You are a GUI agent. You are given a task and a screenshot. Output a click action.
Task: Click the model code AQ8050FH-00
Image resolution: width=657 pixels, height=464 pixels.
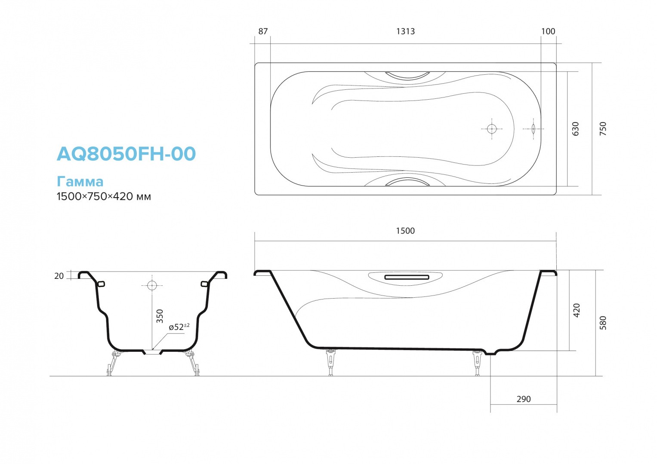tap(126, 154)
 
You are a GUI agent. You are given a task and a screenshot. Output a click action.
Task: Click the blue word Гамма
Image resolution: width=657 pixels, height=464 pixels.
tap(80, 181)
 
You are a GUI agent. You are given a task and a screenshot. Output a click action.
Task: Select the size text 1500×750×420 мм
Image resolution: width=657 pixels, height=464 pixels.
tap(104, 196)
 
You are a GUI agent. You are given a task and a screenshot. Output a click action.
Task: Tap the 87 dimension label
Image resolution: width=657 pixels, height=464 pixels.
tap(263, 31)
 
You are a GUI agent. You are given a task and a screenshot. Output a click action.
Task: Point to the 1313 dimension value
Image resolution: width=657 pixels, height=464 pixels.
tap(405, 31)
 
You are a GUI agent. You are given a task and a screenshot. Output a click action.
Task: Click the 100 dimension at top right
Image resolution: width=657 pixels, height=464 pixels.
tap(548, 31)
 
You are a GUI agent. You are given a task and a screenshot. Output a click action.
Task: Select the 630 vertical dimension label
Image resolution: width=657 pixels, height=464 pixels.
tap(576, 129)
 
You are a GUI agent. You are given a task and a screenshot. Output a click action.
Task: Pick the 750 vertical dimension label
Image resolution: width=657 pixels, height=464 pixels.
tap(603, 129)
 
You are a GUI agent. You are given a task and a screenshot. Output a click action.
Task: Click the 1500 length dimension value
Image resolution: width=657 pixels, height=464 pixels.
tap(405, 231)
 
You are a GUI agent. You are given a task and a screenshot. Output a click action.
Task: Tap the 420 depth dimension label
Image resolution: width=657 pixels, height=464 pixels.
tap(577, 310)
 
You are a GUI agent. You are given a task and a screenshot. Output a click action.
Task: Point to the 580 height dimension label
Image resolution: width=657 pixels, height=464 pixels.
tap(603, 323)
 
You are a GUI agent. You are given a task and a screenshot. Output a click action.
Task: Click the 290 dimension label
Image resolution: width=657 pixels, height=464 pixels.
tap(524, 399)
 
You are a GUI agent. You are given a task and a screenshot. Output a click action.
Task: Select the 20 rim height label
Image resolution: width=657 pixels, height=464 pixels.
tap(59, 276)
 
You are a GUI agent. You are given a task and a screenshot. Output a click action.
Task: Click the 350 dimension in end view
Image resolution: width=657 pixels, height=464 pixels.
tap(160, 316)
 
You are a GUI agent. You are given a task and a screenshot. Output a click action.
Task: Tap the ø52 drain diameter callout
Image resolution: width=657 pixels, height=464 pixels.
tap(179, 327)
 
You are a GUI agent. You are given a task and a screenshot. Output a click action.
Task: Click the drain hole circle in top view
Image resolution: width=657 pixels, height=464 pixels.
tap(492, 128)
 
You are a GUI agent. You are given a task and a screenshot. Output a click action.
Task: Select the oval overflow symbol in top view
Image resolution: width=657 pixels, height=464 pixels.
tap(534, 128)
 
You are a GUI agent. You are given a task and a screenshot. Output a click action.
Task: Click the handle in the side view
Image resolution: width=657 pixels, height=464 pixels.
tap(407, 277)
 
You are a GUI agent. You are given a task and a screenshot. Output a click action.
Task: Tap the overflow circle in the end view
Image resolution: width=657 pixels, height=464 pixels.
tap(152, 285)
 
